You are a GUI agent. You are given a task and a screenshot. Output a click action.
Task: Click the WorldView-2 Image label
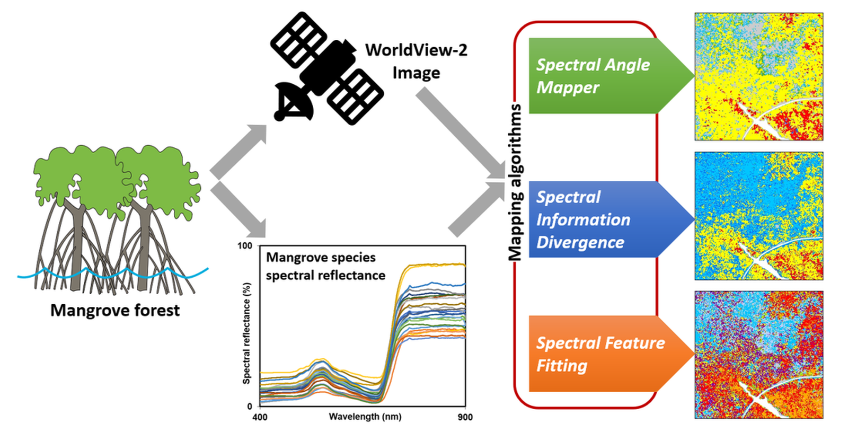tap(416, 61)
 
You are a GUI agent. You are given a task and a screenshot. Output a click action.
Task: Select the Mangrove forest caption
tap(115, 310)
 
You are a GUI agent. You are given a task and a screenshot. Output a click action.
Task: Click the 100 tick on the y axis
tap(245, 246)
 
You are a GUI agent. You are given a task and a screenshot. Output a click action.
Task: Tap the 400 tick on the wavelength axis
tap(260, 417)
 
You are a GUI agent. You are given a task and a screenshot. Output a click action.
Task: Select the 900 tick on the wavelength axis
tap(465, 417)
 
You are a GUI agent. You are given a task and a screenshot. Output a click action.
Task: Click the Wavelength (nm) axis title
tap(365, 417)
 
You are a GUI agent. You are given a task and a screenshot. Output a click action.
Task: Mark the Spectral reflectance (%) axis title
tap(246, 333)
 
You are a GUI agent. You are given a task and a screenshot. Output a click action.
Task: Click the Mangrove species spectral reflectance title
tap(325, 266)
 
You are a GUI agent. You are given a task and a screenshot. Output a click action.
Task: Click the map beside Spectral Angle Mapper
tap(758, 77)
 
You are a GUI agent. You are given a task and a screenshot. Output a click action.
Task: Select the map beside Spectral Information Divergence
tap(758, 216)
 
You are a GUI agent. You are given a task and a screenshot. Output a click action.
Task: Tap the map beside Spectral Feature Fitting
tap(758, 355)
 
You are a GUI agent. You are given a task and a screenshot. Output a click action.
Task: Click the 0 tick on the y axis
tap(250, 407)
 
